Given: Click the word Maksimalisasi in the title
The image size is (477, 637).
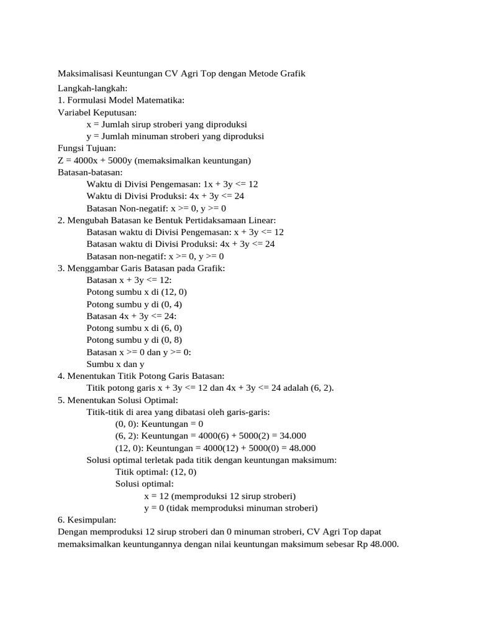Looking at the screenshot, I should [x=84, y=74].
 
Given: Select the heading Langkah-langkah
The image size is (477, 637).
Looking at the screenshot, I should [x=92, y=89].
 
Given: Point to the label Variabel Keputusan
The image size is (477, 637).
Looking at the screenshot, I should [x=97, y=113].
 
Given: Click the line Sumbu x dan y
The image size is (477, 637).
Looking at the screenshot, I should [x=116, y=364].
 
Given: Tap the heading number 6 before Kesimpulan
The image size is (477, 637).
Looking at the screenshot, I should [x=60, y=520].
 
